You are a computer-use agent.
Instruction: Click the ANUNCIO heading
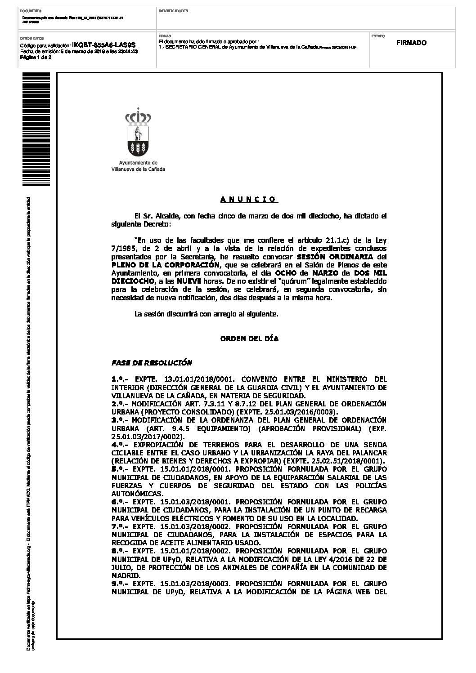tap(249, 199)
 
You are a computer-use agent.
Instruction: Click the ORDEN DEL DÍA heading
tap(249, 339)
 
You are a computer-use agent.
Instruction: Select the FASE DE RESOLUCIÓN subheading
tap(152, 363)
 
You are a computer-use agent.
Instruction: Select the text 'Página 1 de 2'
tap(36, 57)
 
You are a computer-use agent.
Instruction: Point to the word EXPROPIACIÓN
tap(161, 445)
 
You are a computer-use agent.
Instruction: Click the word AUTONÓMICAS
tap(135, 494)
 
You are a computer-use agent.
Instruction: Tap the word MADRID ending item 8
tap(126, 575)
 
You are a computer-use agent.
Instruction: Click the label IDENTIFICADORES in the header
tap(174, 10)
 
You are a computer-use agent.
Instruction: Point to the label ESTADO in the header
tap(377, 35)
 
